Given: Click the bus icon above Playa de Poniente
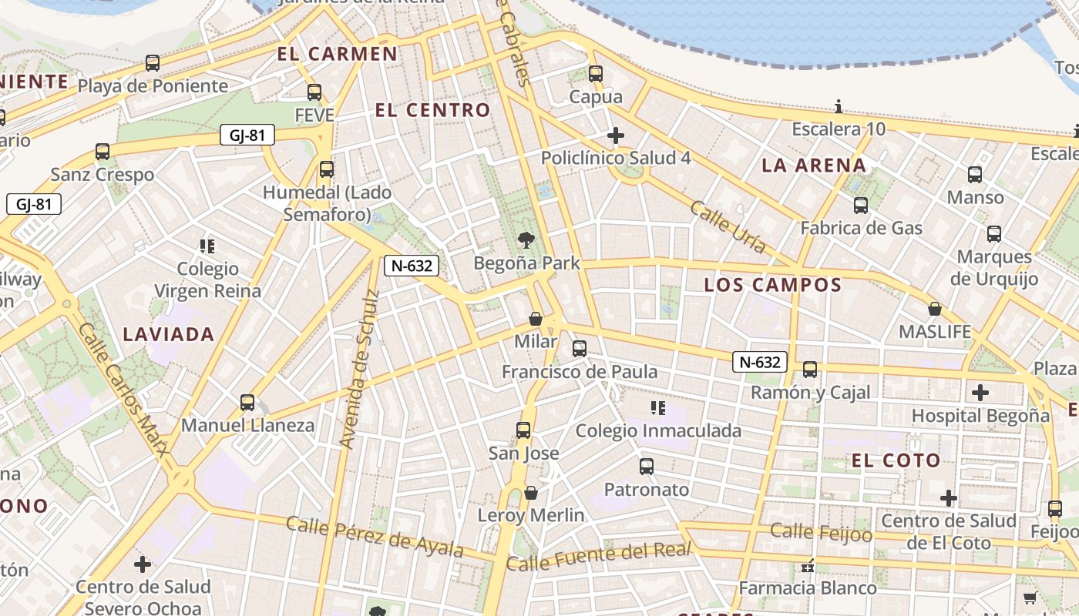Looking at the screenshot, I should click(x=153, y=63).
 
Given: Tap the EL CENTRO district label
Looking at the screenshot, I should click(x=432, y=110).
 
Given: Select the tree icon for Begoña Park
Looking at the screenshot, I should click(x=526, y=239).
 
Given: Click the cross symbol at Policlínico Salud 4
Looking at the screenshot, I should click(x=615, y=136).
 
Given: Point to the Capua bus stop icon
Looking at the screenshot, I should click(x=595, y=74).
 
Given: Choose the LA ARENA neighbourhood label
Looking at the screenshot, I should click(x=814, y=165).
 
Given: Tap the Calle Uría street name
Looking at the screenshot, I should click(x=728, y=227).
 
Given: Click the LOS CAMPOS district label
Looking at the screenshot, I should click(x=772, y=285).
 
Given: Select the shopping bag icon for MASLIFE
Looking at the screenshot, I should click(x=935, y=309).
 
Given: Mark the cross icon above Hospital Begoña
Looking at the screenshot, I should click(x=980, y=393).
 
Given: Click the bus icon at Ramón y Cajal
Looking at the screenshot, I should click(x=810, y=370).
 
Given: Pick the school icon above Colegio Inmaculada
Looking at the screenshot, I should click(x=657, y=407).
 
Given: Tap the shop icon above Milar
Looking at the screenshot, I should click(x=536, y=319).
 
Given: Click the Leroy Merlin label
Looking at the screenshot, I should click(x=531, y=515).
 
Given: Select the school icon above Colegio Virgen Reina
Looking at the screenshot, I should click(x=207, y=246).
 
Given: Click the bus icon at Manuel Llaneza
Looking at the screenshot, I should click(x=247, y=402).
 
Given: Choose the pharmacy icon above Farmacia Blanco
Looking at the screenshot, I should click(x=808, y=566).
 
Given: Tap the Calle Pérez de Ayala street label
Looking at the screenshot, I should click(x=375, y=537).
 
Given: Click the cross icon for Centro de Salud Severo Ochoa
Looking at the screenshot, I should click(x=143, y=564).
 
